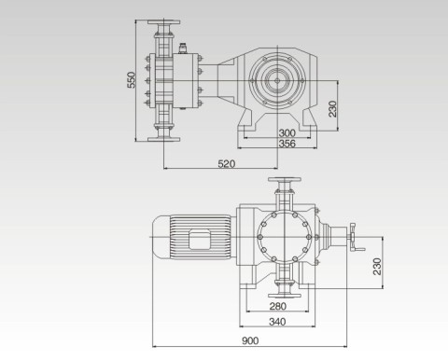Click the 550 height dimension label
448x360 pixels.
132,80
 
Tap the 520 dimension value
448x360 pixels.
227,164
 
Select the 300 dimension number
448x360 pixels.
287,133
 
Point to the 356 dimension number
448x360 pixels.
287,144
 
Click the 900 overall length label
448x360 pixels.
250,341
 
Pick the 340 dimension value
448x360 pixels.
277,322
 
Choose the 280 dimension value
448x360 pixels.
278,306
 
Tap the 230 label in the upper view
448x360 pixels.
332,109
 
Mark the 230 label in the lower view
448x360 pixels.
377,267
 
